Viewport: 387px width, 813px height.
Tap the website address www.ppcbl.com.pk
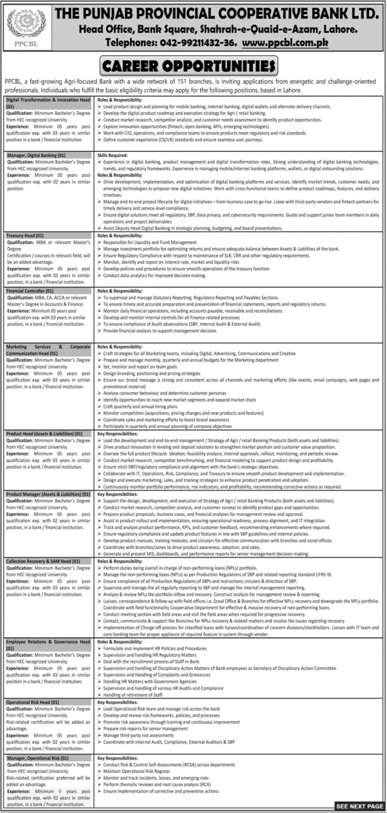[x=285, y=43]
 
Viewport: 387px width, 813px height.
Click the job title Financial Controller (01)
[x=30, y=291]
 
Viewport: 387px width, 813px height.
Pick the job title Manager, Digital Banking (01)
[x=36, y=155]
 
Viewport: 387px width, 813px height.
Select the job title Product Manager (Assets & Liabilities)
[x=48, y=495]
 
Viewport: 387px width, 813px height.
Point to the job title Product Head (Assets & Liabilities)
[x=44, y=434]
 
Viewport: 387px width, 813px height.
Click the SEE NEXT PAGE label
[x=359, y=806]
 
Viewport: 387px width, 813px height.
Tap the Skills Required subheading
[x=112, y=155]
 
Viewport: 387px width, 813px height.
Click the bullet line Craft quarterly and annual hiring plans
[x=140, y=406]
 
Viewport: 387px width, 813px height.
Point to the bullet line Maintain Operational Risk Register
[x=137, y=771]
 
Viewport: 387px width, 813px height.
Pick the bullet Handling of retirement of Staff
[x=133, y=695]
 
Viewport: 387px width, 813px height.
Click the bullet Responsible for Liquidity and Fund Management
[x=150, y=242]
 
